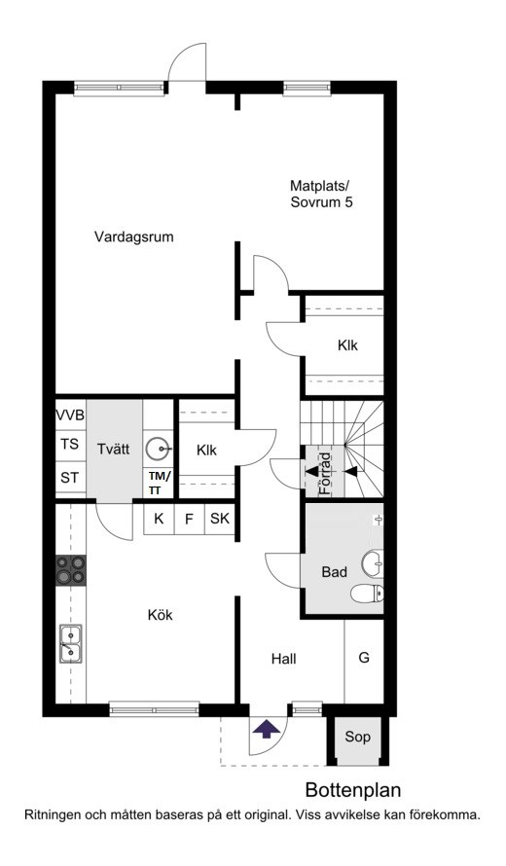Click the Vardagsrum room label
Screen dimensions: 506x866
(133, 237)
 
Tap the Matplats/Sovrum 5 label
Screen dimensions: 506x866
(321, 194)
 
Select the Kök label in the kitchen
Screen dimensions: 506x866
(161, 615)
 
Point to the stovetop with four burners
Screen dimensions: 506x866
(71, 570)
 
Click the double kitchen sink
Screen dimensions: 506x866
(71, 643)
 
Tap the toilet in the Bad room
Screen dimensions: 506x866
(368, 594)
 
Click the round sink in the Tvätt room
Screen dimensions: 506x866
(159, 449)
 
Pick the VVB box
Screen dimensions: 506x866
(71, 415)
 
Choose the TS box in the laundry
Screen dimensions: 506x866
(71, 444)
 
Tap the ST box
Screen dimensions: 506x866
(71, 477)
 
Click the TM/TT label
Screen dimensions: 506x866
(159, 483)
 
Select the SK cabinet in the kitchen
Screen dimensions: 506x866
(220, 519)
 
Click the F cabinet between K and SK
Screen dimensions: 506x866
(190, 519)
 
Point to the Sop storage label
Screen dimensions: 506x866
(357, 737)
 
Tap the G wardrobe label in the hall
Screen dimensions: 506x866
(364, 658)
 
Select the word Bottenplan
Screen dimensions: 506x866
(353, 790)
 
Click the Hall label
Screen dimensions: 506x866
(284, 659)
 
